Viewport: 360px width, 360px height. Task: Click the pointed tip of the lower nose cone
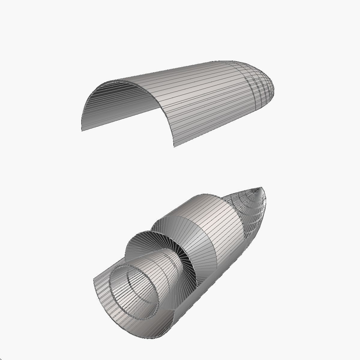click(x=260, y=188)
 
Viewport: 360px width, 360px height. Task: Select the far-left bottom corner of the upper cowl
click(x=82, y=130)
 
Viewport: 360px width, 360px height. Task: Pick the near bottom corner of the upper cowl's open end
click(x=174, y=146)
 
